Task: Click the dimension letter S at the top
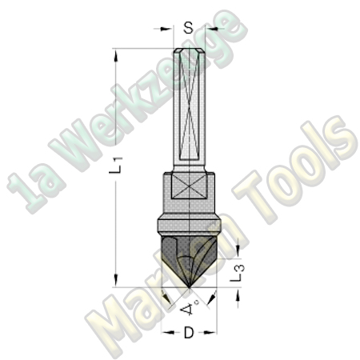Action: [188, 27]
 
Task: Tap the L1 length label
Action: [117, 167]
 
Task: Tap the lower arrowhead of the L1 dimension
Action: [117, 282]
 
